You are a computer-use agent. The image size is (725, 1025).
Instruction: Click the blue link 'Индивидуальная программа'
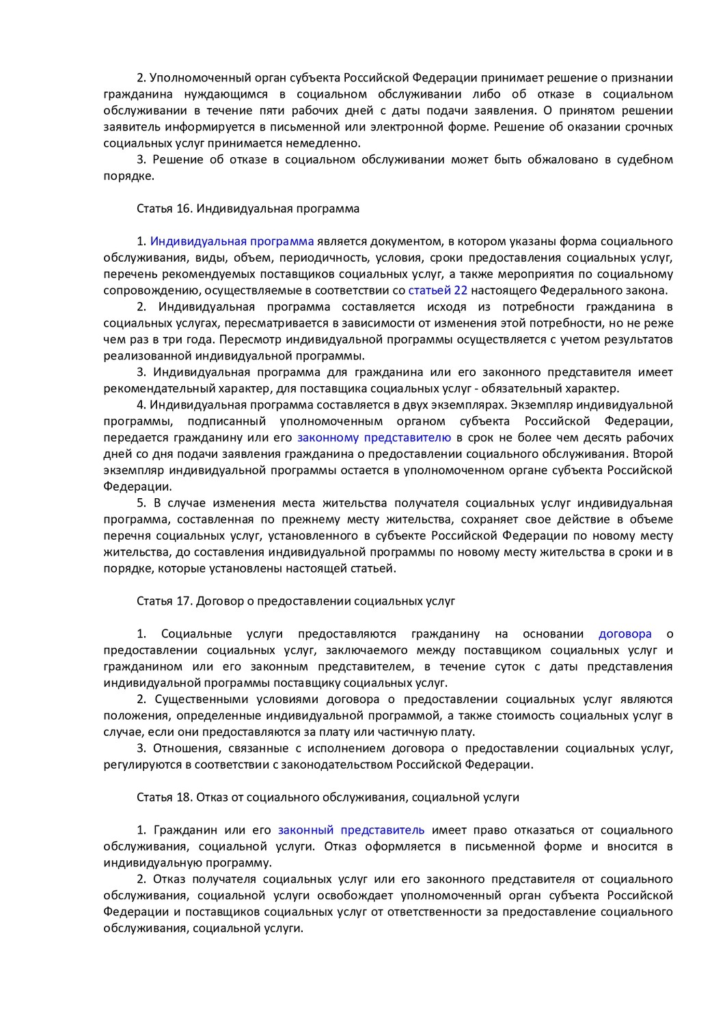(x=232, y=241)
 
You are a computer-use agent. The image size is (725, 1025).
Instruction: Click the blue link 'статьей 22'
(x=437, y=290)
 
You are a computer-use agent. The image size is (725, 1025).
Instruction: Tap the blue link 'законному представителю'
(x=374, y=437)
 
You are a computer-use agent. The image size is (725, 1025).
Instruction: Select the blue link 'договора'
(x=625, y=633)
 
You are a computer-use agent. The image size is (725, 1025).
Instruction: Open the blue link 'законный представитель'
(x=351, y=830)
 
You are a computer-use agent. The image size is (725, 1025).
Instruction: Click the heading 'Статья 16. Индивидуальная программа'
(x=248, y=208)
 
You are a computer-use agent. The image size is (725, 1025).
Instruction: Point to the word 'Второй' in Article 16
(x=653, y=454)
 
